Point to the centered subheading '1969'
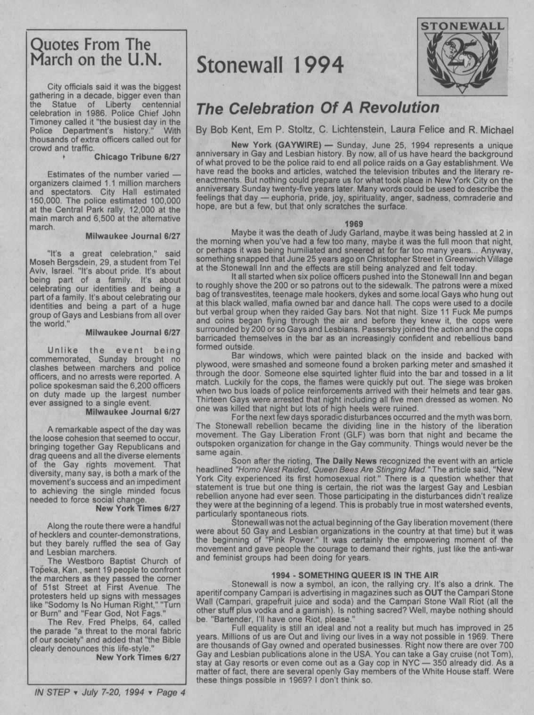[353, 224]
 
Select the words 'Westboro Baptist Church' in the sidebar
[116, 561]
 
